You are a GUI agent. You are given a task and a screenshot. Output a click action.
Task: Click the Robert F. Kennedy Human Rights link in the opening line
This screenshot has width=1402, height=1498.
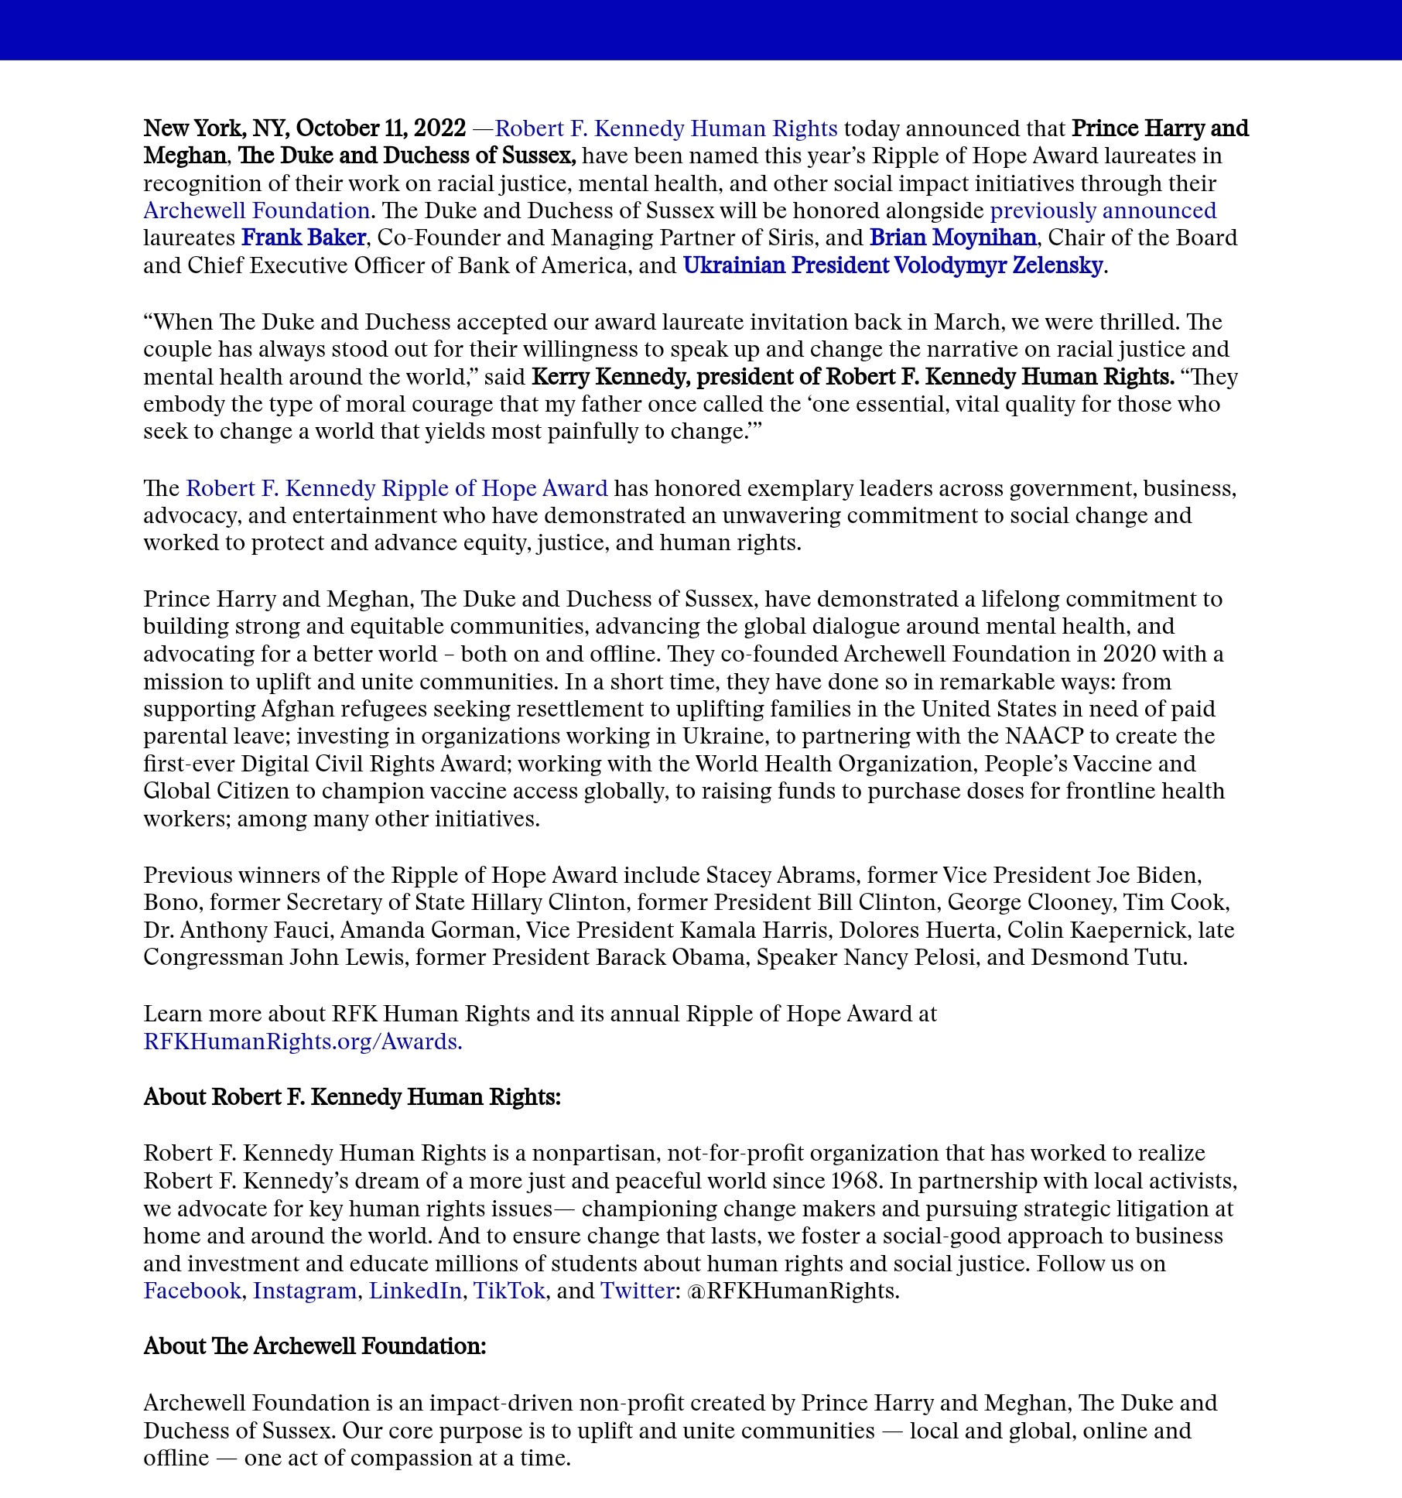(x=665, y=128)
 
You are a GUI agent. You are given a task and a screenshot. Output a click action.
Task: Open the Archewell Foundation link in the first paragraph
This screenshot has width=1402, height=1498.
(x=256, y=210)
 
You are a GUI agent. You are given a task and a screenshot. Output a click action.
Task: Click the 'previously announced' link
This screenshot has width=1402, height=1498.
(x=1103, y=210)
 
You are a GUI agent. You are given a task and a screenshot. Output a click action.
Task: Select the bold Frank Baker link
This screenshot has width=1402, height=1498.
(x=303, y=238)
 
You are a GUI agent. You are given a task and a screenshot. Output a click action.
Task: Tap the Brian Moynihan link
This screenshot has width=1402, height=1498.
(x=952, y=238)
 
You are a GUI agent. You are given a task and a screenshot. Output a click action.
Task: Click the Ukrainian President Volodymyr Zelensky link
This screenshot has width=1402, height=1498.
(x=892, y=265)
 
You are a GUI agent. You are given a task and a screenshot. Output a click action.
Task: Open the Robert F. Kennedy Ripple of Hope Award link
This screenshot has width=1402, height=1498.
(x=396, y=488)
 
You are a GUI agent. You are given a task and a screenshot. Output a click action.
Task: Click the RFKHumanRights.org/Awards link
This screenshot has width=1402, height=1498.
(x=303, y=1041)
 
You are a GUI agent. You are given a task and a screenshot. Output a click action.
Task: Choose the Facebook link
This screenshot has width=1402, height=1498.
(x=192, y=1291)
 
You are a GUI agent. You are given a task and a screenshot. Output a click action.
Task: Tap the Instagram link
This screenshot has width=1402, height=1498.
(x=304, y=1291)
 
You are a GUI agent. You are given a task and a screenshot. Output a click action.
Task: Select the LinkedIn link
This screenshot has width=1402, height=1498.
(x=415, y=1291)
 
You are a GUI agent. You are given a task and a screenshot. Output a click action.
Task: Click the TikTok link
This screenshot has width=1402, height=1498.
(x=509, y=1291)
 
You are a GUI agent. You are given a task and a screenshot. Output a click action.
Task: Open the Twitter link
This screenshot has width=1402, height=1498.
(x=637, y=1291)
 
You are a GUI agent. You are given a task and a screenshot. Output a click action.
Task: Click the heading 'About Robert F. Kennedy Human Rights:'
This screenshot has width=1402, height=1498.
(x=352, y=1097)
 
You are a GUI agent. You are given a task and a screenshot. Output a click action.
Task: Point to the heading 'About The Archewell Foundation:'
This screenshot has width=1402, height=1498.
(x=314, y=1346)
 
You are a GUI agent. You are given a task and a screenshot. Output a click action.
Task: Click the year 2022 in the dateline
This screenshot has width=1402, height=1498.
(x=439, y=128)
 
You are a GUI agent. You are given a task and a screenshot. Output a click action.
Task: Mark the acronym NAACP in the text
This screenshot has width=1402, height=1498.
(x=1045, y=736)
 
